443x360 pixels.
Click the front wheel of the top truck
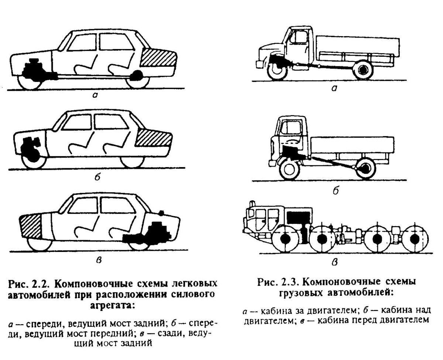276,70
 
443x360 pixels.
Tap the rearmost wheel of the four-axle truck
415,239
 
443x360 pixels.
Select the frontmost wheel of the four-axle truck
285,239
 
